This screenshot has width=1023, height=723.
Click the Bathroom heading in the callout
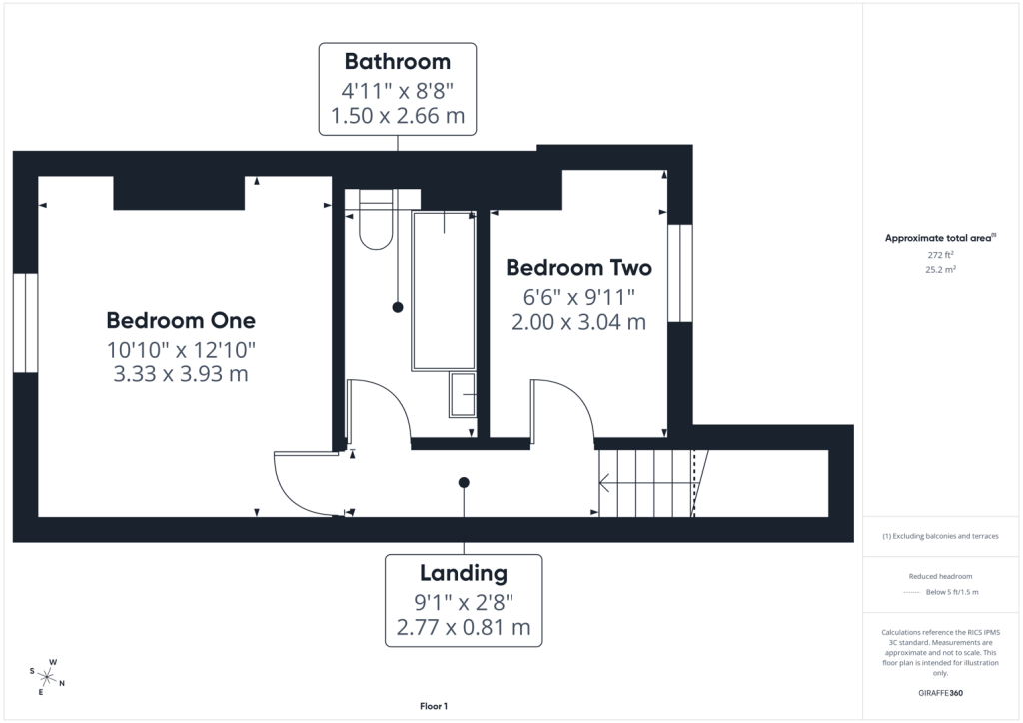tap(398, 61)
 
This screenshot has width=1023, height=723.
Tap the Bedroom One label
tap(181, 320)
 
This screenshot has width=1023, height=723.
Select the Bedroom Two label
tap(578, 268)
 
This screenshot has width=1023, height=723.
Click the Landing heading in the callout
tap(464, 573)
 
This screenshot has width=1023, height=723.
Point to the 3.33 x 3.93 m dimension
tap(181, 374)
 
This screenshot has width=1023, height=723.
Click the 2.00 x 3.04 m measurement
tap(578, 322)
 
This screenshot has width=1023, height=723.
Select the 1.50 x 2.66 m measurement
tap(398, 116)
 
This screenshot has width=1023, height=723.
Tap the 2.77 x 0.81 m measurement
tap(464, 627)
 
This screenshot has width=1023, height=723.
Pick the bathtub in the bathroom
tap(444, 291)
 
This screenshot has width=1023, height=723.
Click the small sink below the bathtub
tap(463, 395)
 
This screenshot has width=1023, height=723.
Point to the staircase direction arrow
tap(646, 483)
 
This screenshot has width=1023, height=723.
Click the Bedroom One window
tap(25, 323)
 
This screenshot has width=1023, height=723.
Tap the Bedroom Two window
tap(679, 273)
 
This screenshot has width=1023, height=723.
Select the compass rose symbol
tap(47, 678)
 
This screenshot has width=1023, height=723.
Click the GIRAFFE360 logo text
tap(940, 693)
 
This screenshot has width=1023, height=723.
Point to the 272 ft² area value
tap(940, 255)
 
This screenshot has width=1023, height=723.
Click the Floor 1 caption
tap(434, 706)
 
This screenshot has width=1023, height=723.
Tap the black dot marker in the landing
tap(464, 483)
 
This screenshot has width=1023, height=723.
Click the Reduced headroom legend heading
tap(940, 576)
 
